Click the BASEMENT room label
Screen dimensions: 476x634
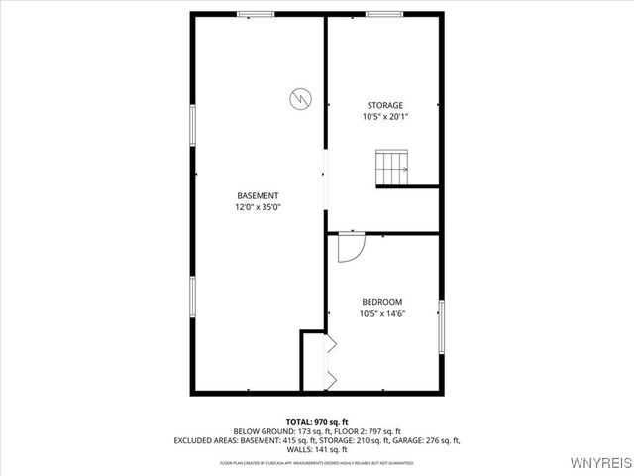[257, 195]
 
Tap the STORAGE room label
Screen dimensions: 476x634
[385, 105]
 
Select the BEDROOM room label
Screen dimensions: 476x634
[381, 301]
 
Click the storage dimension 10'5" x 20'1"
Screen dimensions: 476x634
[385, 117]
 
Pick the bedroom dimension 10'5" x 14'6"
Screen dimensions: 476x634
[382, 313]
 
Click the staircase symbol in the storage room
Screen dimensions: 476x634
[391, 168]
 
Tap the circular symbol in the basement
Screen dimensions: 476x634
[299, 98]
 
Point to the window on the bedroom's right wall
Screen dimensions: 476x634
[441, 326]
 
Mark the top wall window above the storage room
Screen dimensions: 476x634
[384, 14]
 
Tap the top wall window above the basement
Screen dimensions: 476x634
[256, 14]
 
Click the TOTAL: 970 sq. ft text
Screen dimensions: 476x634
[317, 422]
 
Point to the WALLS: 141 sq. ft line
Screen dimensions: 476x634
[317, 449]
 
